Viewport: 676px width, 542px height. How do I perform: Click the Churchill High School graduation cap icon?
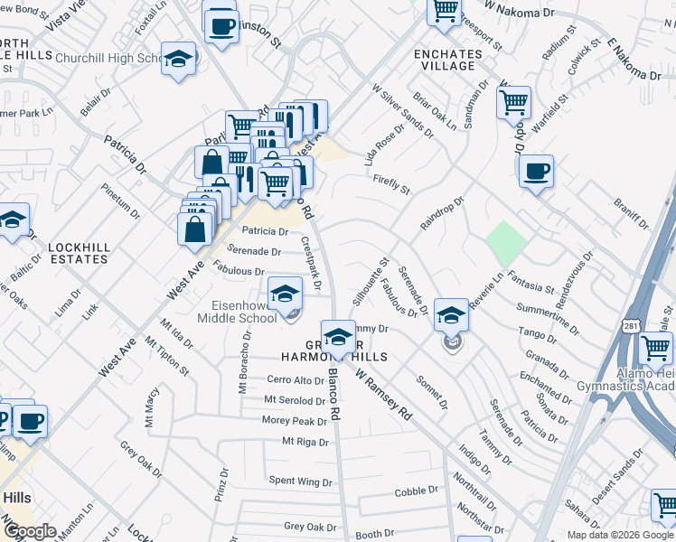(x=178, y=59)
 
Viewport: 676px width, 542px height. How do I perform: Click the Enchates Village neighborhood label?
(x=445, y=60)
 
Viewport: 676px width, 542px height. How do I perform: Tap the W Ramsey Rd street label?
(x=384, y=394)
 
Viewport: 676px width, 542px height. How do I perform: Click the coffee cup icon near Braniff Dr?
(x=536, y=172)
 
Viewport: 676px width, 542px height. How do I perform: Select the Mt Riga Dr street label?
(x=304, y=442)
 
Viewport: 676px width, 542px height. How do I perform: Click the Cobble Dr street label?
(x=416, y=492)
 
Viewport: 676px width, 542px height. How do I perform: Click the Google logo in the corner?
(x=30, y=531)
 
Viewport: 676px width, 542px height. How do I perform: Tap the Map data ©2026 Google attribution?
(x=619, y=534)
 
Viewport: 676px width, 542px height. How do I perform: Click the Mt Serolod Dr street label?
(x=294, y=400)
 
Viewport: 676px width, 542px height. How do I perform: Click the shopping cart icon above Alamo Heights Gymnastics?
(x=655, y=349)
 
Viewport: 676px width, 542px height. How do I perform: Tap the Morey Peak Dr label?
(x=294, y=421)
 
